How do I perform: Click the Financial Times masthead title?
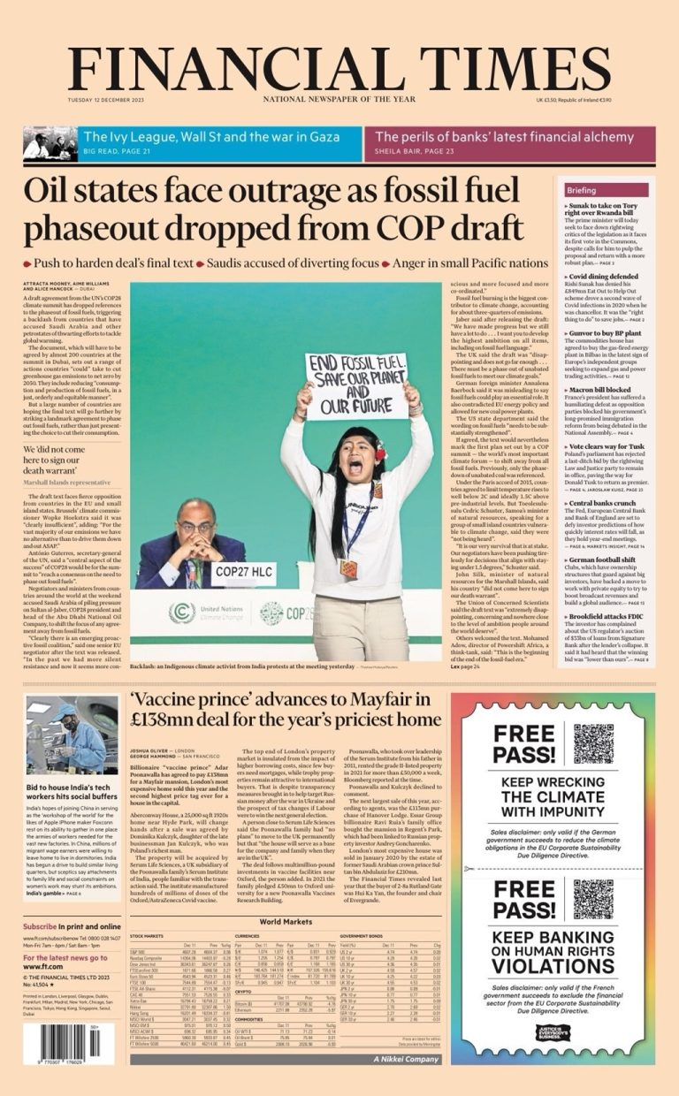click(339, 67)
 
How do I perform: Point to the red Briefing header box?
click(607, 190)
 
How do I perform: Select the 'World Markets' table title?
click(286, 921)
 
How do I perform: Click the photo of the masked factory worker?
click(71, 734)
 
